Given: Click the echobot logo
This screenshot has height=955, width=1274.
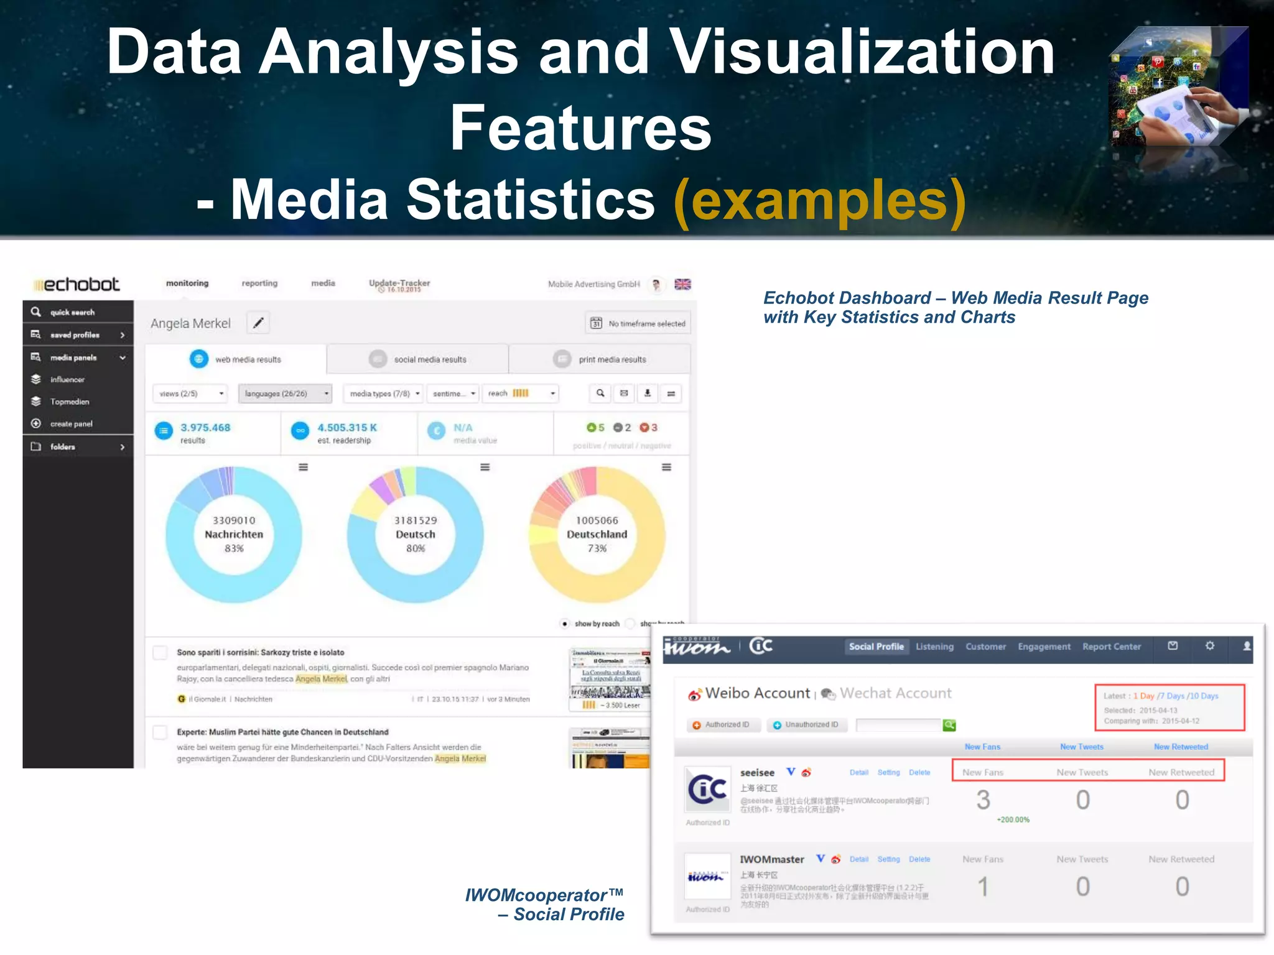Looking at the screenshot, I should click(77, 285).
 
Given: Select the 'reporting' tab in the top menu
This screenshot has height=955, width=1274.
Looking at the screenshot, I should click(259, 284).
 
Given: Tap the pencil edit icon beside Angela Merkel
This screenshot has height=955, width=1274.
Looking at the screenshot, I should click(258, 323).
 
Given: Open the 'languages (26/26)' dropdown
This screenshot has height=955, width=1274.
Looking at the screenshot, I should click(285, 394).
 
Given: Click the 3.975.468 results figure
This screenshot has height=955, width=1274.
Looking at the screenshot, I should click(205, 428).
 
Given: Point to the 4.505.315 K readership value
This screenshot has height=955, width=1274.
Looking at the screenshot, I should click(346, 428).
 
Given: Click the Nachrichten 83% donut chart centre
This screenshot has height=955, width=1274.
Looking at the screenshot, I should click(234, 534).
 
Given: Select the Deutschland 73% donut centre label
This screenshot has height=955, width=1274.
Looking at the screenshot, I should click(597, 534).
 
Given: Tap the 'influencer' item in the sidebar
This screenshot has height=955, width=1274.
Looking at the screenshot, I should click(67, 379).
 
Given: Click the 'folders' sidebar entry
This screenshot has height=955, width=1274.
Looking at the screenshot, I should click(63, 446).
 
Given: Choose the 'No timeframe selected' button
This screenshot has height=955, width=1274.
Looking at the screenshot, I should click(638, 323).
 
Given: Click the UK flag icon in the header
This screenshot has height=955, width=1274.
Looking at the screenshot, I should click(682, 284).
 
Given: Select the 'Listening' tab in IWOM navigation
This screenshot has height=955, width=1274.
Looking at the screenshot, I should click(934, 647).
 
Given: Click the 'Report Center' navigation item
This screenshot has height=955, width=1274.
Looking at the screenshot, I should click(1112, 647).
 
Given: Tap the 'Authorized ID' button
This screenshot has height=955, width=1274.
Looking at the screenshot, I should click(722, 725).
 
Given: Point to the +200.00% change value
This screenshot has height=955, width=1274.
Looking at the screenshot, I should click(1013, 819).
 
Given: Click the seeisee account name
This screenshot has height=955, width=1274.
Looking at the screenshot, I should click(757, 773).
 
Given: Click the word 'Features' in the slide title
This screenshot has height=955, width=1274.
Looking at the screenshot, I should click(580, 128).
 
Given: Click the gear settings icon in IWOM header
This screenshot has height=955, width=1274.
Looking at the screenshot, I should click(1209, 646).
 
